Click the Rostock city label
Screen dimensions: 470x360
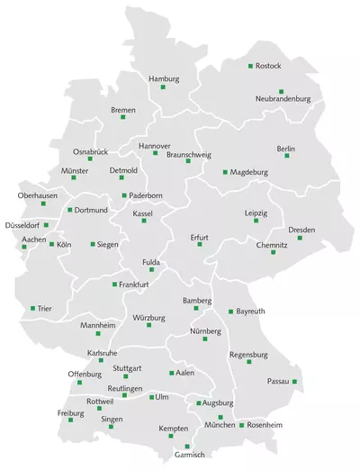[269, 66]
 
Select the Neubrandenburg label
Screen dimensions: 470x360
[283, 98]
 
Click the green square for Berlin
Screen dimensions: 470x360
[287, 156]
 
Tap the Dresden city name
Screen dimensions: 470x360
[301, 230]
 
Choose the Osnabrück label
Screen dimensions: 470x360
[90, 151]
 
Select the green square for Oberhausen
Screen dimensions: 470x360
[43, 203]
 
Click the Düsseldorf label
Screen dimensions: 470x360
[22, 224]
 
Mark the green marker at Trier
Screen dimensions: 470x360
[33, 308]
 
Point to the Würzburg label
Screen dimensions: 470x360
[149, 318]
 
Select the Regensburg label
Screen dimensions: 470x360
[249, 355]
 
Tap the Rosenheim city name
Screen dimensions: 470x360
[265, 424]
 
